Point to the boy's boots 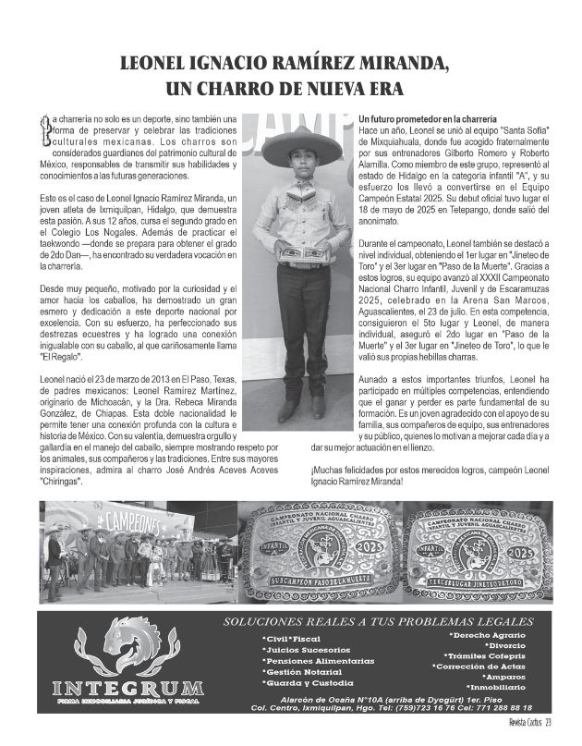[x=302, y=407]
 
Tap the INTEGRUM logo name [x=127, y=688]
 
